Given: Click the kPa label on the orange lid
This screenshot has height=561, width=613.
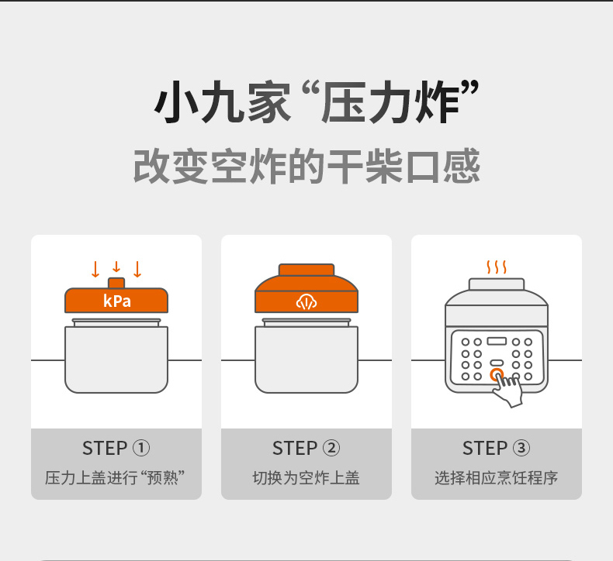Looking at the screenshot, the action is [x=117, y=301].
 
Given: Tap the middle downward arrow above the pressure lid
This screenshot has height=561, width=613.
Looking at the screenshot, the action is [x=116, y=267].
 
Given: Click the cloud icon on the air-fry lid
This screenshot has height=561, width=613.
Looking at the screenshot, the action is [x=306, y=301].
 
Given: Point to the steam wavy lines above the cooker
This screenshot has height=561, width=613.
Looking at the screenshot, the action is [x=497, y=267].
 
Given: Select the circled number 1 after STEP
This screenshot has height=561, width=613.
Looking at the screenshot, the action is [x=141, y=448].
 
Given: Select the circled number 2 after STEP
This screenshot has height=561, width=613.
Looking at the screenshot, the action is [x=331, y=448].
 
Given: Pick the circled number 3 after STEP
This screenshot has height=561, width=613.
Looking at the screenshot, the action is [x=521, y=448].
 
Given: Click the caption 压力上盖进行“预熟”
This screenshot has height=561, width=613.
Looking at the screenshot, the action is [x=115, y=478].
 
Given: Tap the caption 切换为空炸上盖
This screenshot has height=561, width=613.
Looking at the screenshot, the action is [x=306, y=478].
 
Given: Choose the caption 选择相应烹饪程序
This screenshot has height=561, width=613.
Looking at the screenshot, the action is [x=496, y=478].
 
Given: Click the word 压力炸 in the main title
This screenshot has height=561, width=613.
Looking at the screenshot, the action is [x=390, y=102].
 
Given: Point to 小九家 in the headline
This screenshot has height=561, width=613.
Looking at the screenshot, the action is [x=223, y=102].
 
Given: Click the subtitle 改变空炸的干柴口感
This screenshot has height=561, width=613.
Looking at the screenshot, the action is [x=306, y=166].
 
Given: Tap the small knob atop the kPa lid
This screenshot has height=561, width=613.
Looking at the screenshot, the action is [x=116, y=283].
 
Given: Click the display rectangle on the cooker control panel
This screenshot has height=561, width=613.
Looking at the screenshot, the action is [x=497, y=341].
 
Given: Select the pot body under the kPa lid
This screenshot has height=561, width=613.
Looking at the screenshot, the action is [x=116, y=360].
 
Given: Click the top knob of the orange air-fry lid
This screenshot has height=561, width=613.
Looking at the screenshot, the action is [x=306, y=270].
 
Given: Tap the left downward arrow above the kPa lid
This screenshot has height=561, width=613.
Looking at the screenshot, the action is [x=95, y=269].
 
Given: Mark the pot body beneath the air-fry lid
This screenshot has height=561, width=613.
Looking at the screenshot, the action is [x=306, y=360].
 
